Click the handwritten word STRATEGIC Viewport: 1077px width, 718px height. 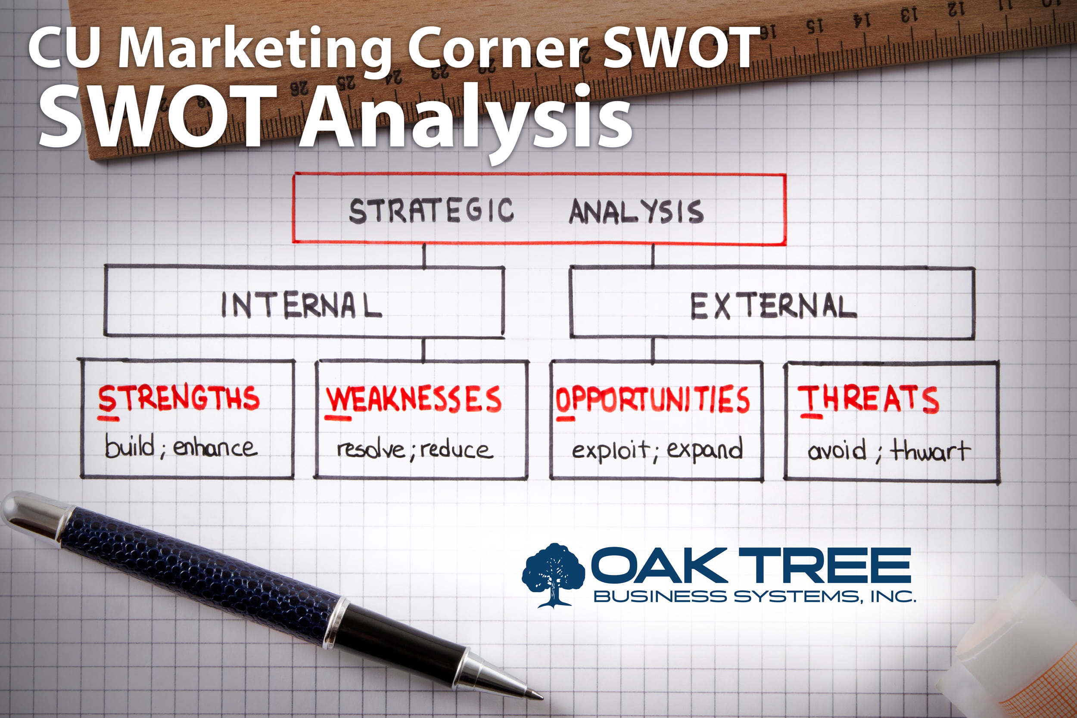click(x=431, y=211)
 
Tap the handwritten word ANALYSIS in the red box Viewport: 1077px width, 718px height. click(x=636, y=211)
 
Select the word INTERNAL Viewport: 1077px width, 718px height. click(x=301, y=305)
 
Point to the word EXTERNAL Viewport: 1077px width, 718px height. click(x=773, y=306)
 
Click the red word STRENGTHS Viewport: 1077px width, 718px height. click(x=179, y=398)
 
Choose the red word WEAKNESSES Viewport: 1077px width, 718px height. click(x=414, y=399)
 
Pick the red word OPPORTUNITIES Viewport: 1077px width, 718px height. click(x=652, y=400)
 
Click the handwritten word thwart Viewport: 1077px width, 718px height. click(x=930, y=450)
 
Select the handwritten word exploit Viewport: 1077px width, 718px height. click(x=611, y=450)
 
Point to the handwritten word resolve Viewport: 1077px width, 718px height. click(x=371, y=449)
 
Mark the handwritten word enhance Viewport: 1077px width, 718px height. click(x=215, y=448)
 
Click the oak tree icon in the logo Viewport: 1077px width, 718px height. click(x=553, y=575)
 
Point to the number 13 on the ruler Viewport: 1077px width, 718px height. click(x=910, y=15)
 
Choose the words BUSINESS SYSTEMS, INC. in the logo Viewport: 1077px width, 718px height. click(x=755, y=596)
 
